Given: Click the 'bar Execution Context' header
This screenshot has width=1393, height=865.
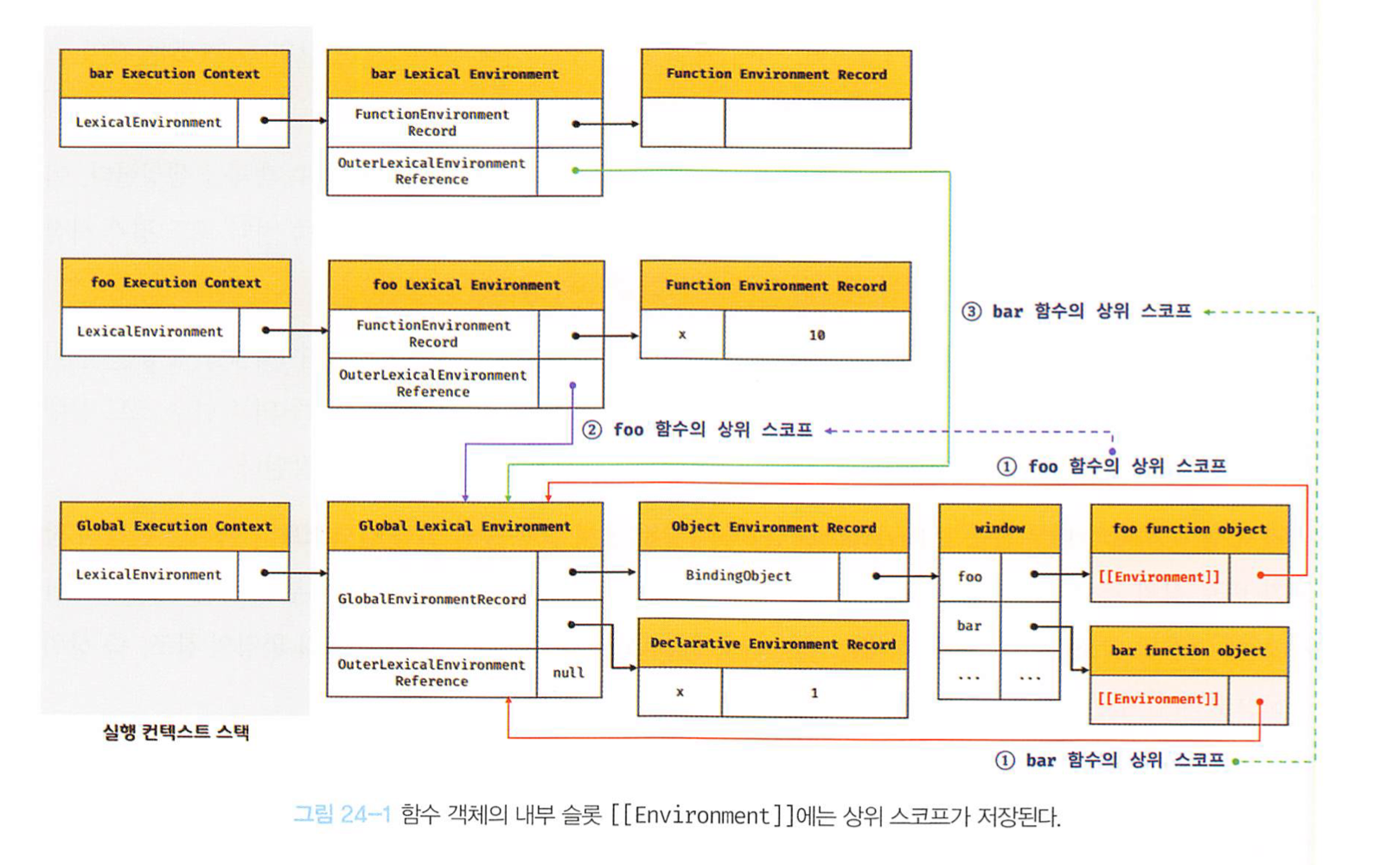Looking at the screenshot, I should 174,74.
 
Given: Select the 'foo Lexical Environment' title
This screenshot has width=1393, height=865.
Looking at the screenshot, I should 466,285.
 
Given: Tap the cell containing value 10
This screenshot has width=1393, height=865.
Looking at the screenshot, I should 816,335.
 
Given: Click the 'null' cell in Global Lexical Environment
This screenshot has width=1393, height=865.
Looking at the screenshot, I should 568,672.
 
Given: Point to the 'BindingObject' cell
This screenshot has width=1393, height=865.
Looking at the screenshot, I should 738,575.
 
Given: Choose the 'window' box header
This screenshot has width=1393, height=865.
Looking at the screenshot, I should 1000,528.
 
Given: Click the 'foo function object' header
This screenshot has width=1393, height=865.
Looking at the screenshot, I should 1189,529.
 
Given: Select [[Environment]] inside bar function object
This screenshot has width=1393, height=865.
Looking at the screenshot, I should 1158,698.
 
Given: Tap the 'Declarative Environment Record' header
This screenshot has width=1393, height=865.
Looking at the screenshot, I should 772,644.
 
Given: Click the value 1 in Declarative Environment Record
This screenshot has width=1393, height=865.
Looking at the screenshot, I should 814,692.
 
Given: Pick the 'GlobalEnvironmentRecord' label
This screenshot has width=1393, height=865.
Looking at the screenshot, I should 431,599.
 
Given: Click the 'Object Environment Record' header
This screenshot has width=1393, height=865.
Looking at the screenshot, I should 773,527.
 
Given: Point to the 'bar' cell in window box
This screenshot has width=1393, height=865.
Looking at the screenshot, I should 969,625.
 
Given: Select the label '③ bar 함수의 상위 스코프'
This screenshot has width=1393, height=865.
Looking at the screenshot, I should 1077,311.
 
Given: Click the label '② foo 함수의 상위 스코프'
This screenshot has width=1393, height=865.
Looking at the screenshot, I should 698,430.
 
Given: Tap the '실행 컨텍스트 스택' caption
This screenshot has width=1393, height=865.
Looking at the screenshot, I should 176,732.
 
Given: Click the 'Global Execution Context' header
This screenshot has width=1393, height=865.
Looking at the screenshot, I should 174,526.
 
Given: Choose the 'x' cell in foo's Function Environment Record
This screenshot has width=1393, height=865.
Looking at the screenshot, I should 682,335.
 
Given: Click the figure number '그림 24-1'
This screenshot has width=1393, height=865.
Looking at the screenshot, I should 342,815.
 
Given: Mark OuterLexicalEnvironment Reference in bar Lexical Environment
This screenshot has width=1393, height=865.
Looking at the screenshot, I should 431,171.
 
